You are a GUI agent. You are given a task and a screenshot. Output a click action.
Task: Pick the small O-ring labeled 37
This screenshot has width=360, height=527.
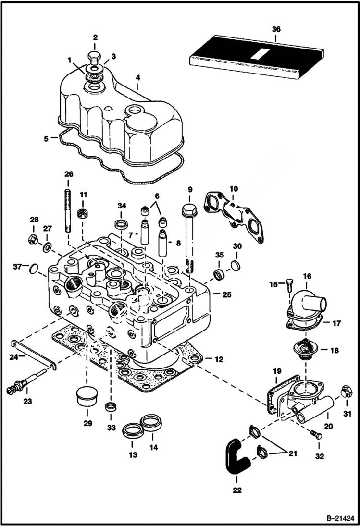[33, 268]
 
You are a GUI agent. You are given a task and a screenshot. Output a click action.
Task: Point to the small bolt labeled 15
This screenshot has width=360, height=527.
[288, 284]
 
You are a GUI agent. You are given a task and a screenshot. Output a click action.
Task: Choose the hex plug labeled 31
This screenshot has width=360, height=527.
[345, 392]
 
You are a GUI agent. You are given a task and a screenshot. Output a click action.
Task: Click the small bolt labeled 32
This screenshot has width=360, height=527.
[316, 435]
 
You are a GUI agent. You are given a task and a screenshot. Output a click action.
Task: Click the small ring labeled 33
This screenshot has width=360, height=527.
[111, 407]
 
